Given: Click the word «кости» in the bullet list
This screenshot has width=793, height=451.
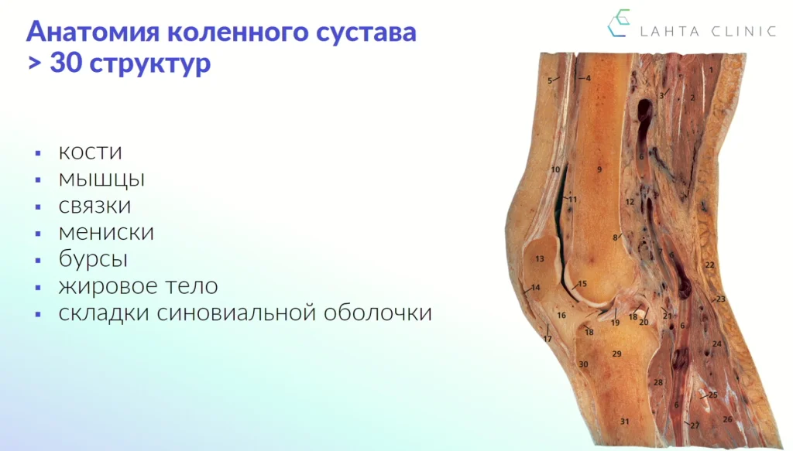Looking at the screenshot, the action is [x=90, y=152].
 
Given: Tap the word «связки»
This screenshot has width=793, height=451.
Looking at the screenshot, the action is [x=94, y=206].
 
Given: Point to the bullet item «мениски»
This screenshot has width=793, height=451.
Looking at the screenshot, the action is [x=106, y=232].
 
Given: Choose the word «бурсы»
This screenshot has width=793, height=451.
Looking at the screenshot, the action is [x=93, y=258].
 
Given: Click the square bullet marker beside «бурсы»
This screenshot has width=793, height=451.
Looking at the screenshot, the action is [x=38, y=261].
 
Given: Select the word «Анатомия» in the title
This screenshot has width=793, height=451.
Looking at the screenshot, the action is [x=93, y=31].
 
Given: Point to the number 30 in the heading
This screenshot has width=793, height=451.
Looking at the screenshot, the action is [x=67, y=63].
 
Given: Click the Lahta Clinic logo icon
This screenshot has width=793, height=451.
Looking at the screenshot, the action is [x=619, y=22].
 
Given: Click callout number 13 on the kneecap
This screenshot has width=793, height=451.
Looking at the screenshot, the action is [x=540, y=258].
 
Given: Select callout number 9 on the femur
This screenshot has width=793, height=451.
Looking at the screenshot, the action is [x=599, y=169].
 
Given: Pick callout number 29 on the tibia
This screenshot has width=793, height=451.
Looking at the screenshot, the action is [x=616, y=354].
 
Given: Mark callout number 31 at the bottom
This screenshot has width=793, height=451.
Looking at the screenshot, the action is [x=625, y=421].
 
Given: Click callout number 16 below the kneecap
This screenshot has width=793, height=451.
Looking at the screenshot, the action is [x=561, y=315].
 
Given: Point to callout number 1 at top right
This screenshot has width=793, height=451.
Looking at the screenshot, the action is [x=711, y=70].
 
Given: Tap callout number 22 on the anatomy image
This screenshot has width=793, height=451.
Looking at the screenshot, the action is [x=709, y=265].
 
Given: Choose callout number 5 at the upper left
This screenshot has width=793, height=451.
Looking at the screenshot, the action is [x=550, y=80].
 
